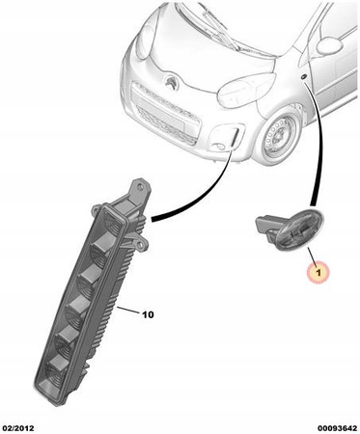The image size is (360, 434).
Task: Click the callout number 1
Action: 318,273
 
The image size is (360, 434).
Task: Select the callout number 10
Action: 148,314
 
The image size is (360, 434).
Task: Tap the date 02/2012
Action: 18,428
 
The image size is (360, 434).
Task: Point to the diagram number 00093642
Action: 338,428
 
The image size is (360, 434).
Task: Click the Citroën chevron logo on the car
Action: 172,82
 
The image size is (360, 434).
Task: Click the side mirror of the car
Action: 329,45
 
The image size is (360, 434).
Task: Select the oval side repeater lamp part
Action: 290,229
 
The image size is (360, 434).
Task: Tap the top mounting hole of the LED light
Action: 140,186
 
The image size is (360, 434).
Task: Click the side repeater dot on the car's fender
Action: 303,76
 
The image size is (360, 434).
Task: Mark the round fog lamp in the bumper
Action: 220,147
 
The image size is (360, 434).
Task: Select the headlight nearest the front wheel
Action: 245,90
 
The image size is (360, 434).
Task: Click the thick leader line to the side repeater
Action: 317,142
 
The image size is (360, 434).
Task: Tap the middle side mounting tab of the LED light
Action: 139,242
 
